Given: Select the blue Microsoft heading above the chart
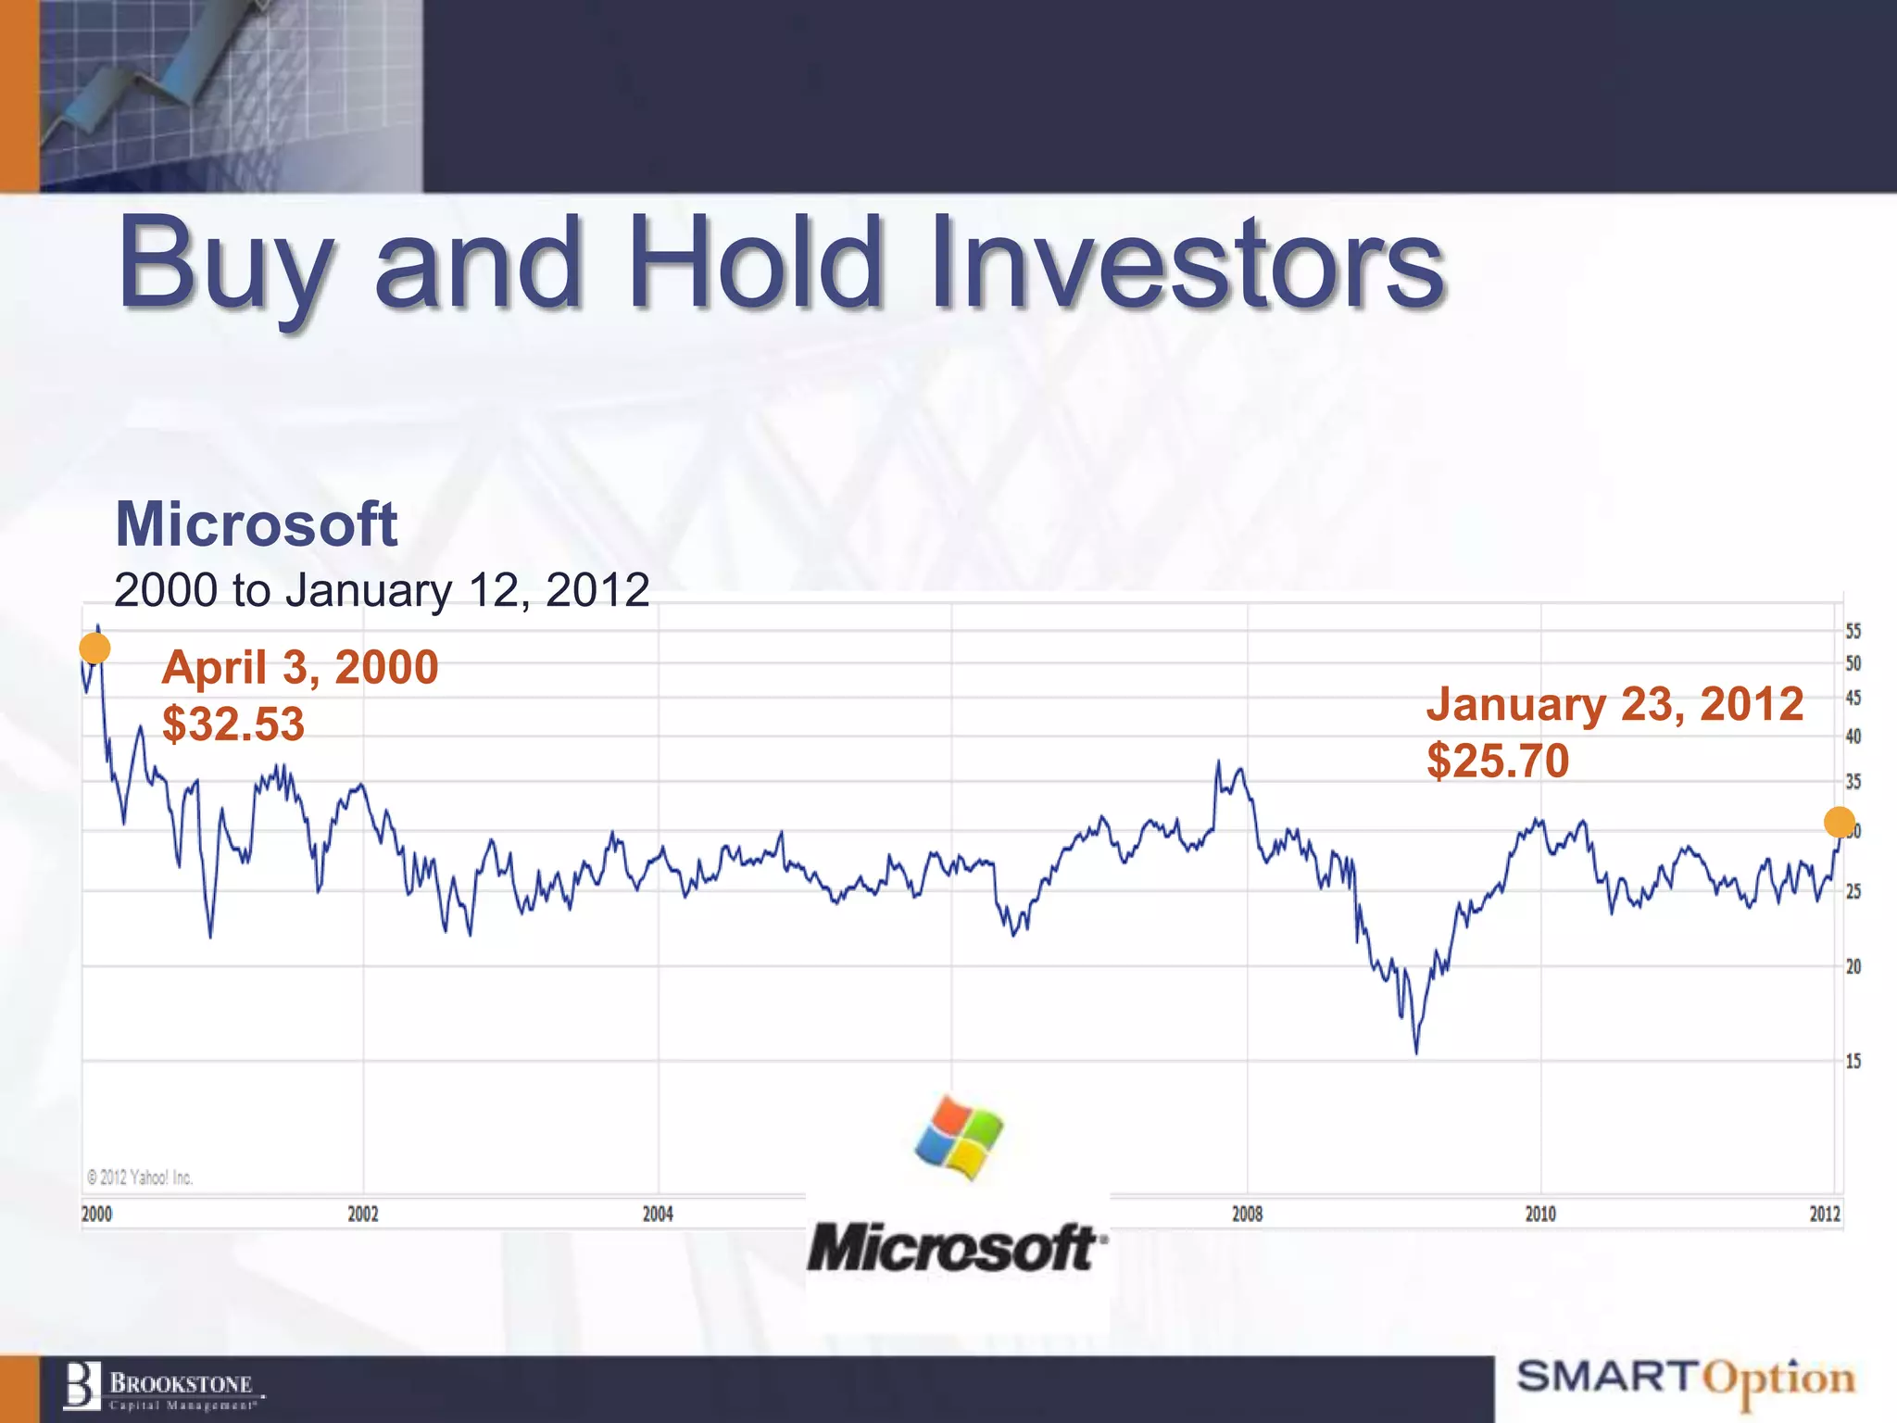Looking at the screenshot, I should click(256, 524).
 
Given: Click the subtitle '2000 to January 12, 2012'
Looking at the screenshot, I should click(382, 590).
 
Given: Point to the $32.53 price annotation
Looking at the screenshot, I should click(233, 724).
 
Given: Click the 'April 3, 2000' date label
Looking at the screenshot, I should click(300, 667).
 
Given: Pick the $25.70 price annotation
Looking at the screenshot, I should click(1498, 761).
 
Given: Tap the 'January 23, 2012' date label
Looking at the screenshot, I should click(1614, 704).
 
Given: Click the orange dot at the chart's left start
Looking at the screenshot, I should click(94, 649).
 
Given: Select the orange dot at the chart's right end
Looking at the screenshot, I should click(1839, 822).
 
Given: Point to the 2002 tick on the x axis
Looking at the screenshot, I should click(363, 1214).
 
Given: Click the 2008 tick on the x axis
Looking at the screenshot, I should click(1247, 1214).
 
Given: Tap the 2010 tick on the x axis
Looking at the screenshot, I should click(1540, 1214).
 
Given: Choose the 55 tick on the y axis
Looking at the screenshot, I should click(1853, 632).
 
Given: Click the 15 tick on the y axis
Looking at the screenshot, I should click(1853, 1061).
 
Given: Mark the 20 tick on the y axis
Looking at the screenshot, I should click(1853, 966).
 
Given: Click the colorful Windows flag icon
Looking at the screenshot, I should click(959, 1138).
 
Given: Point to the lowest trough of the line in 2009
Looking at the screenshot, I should click(1416, 1051).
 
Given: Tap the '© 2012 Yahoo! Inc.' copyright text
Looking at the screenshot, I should click(140, 1177).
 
